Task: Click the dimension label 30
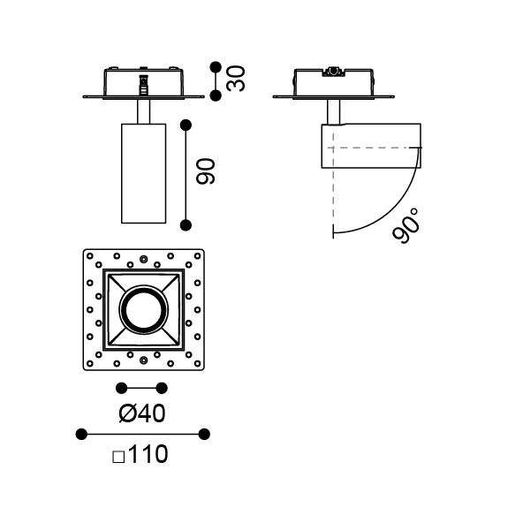(x=236, y=79)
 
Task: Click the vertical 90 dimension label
(x=206, y=171)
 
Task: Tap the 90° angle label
(x=406, y=226)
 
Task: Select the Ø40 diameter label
(x=141, y=413)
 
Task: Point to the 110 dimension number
(x=148, y=454)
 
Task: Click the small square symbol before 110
(x=118, y=457)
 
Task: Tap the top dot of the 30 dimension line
(x=216, y=67)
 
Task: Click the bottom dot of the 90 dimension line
(x=186, y=225)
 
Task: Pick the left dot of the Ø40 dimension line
(x=121, y=388)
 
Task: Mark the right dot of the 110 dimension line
(x=204, y=435)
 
